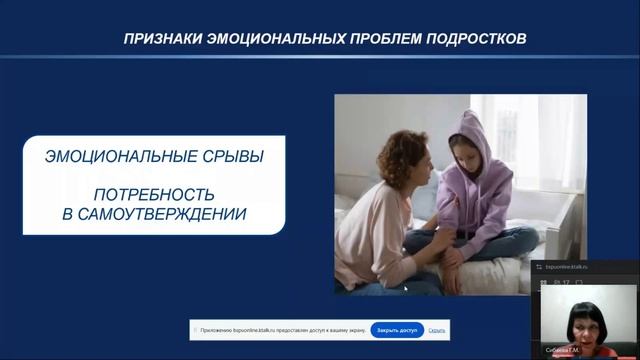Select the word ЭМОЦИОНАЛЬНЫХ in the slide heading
268,40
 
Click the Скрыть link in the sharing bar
437,330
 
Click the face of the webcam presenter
579,321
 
